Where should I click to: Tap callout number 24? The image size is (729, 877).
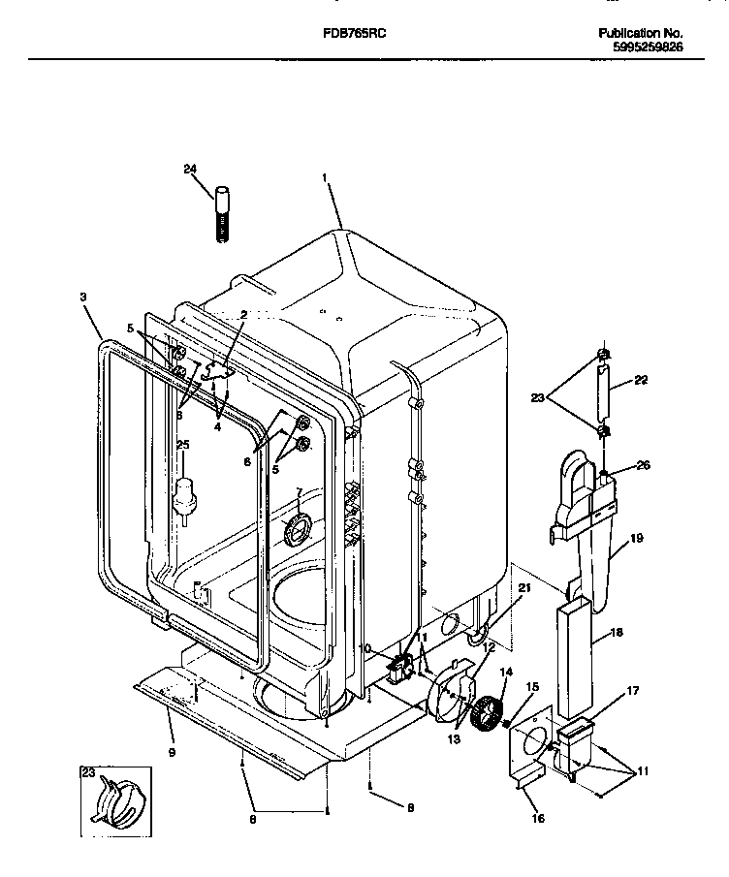[x=190, y=170]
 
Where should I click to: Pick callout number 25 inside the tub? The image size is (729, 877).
[x=182, y=444]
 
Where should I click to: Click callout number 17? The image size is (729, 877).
[x=632, y=691]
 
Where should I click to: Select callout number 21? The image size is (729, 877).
[x=523, y=588]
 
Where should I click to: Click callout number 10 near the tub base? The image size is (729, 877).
[x=365, y=647]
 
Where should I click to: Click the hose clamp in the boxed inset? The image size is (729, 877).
[x=115, y=794]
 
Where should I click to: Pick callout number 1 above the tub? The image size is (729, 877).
[x=326, y=178]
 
